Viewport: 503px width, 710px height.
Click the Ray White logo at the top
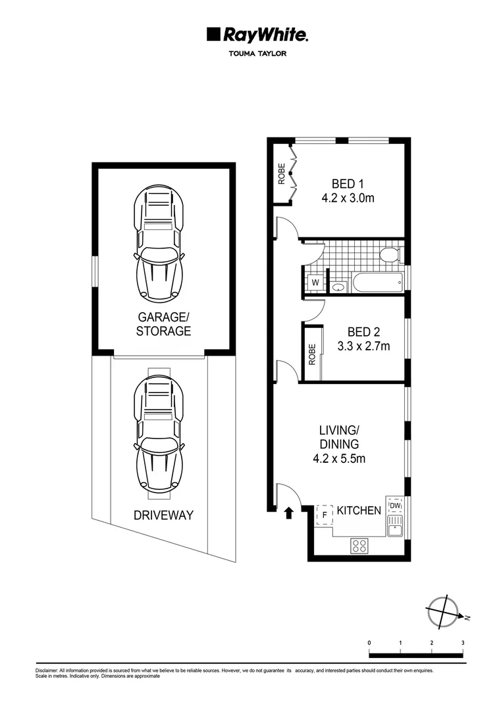click(257, 34)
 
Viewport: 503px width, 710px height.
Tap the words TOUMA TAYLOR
click(257, 55)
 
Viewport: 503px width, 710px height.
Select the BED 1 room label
click(348, 183)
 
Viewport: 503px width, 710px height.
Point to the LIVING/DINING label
click(339, 437)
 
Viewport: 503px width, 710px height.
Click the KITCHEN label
click(359, 511)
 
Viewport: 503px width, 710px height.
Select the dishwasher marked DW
click(394, 506)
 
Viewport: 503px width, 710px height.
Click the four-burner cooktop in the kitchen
click(359, 545)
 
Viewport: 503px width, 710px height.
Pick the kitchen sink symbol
click(394, 527)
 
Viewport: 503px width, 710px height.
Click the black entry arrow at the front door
click(288, 513)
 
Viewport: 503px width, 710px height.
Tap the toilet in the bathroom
click(389, 255)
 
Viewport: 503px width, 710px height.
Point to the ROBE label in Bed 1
click(282, 173)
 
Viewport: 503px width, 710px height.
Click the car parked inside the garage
click(159, 244)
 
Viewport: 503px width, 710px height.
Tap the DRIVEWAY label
click(164, 515)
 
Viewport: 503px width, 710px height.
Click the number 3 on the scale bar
click(463, 642)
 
